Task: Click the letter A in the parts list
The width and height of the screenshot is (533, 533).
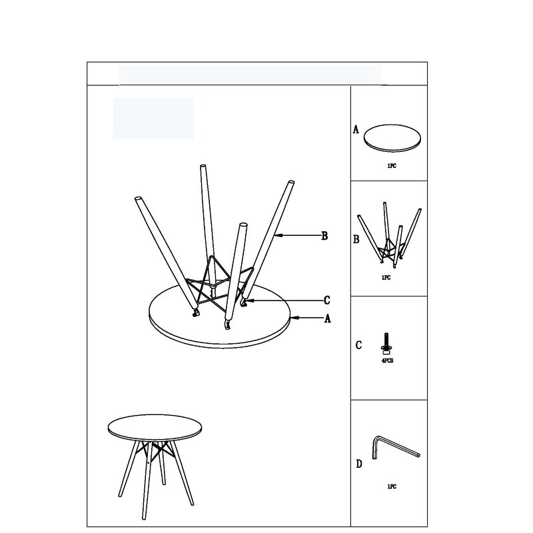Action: coord(356,130)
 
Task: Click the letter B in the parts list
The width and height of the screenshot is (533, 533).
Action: coord(356,239)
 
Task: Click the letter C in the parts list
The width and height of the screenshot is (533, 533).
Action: coord(358,345)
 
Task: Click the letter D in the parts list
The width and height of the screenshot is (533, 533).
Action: coord(358,464)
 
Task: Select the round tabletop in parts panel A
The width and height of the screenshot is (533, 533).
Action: coord(394,138)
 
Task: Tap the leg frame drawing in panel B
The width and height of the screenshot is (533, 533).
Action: coord(389,237)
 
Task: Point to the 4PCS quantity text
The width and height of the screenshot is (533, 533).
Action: coord(386,360)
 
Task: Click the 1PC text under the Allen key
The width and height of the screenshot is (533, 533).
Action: coord(391,487)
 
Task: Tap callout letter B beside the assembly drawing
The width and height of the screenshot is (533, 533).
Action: coord(324,235)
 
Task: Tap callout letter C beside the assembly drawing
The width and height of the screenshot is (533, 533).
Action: coord(326,300)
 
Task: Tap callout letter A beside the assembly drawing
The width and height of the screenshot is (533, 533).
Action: coord(327,319)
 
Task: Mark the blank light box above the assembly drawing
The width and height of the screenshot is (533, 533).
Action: coord(153,119)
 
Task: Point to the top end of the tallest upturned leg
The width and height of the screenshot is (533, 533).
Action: coord(202,167)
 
